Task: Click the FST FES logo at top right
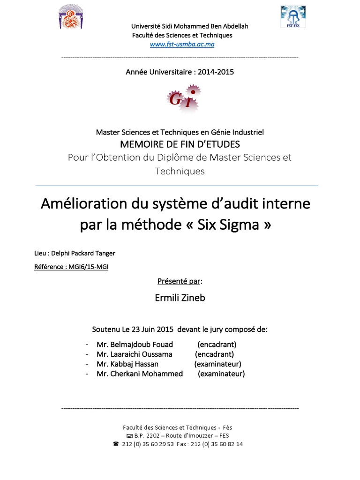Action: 293,16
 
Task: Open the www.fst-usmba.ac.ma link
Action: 182,44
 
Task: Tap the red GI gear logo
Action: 182,99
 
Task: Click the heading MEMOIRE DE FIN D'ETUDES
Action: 180,144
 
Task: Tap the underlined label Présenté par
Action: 180,281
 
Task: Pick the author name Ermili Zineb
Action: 180,298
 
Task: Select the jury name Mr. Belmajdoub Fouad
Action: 135,344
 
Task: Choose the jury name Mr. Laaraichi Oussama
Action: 135,354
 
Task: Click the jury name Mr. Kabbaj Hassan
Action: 127,364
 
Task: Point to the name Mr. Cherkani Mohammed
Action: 140,374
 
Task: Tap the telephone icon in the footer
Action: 116,444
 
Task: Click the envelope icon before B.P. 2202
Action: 123,435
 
